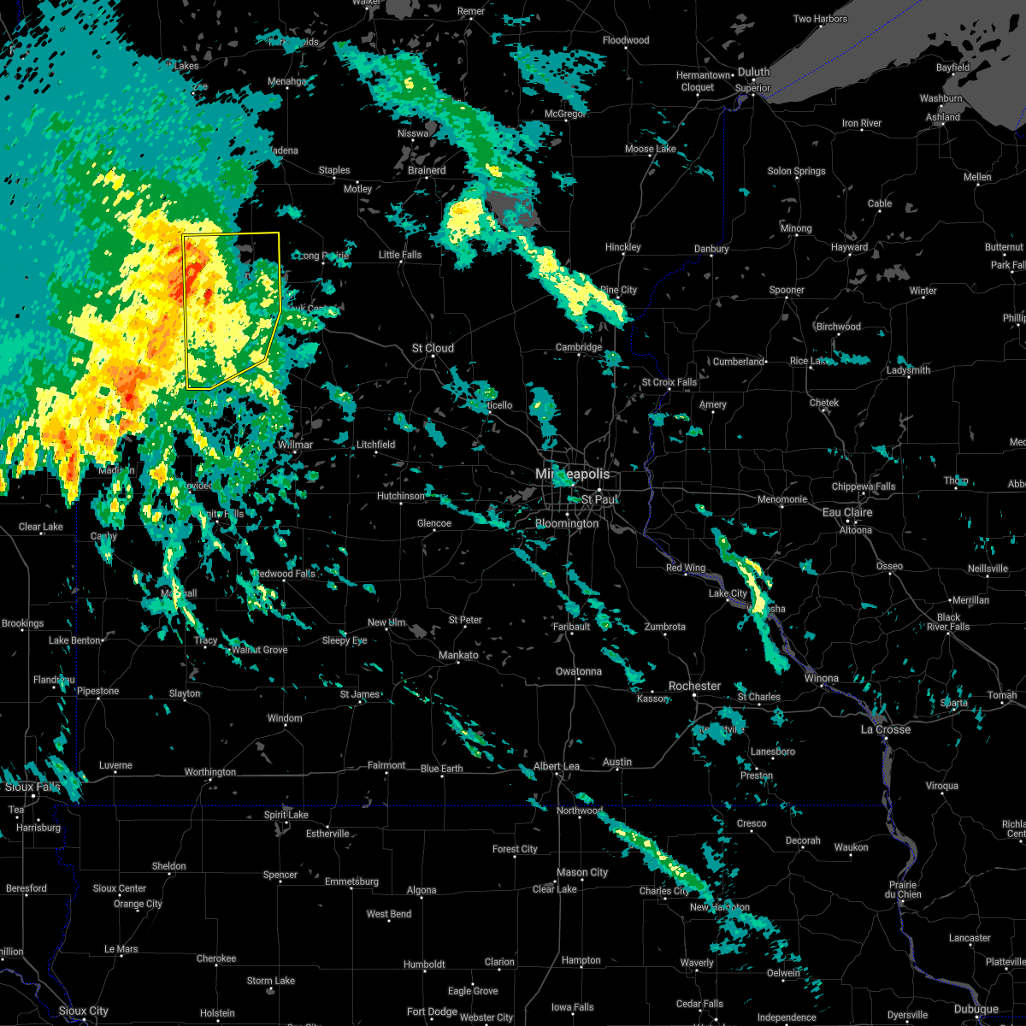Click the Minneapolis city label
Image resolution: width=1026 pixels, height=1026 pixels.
(573, 474)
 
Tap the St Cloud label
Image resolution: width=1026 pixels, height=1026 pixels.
(433, 348)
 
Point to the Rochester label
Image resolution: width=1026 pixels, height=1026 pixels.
(694, 686)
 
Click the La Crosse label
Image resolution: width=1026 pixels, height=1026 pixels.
(886, 729)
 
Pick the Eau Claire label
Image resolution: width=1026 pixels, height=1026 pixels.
(846, 512)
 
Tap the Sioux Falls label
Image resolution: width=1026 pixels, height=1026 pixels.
(32, 787)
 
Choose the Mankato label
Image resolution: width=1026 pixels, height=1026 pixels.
(458, 655)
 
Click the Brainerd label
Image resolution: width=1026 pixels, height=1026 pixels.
(427, 170)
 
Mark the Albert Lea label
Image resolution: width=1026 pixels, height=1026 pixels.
(557, 766)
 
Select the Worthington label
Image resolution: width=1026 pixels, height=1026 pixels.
(210, 772)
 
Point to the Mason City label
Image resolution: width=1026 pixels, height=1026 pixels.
(582, 872)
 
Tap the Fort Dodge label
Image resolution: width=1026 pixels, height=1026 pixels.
(433, 1011)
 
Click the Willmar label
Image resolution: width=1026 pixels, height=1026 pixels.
(295, 445)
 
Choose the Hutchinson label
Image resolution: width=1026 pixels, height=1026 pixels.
(401, 496)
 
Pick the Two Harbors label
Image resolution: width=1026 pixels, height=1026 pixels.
(820, 19)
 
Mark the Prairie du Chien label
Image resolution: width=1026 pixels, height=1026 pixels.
(904, 889)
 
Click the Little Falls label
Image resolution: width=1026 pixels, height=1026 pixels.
(400, 255)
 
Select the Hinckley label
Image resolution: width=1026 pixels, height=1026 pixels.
(622, 247)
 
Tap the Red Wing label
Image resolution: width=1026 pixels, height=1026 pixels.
(687, 569)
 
